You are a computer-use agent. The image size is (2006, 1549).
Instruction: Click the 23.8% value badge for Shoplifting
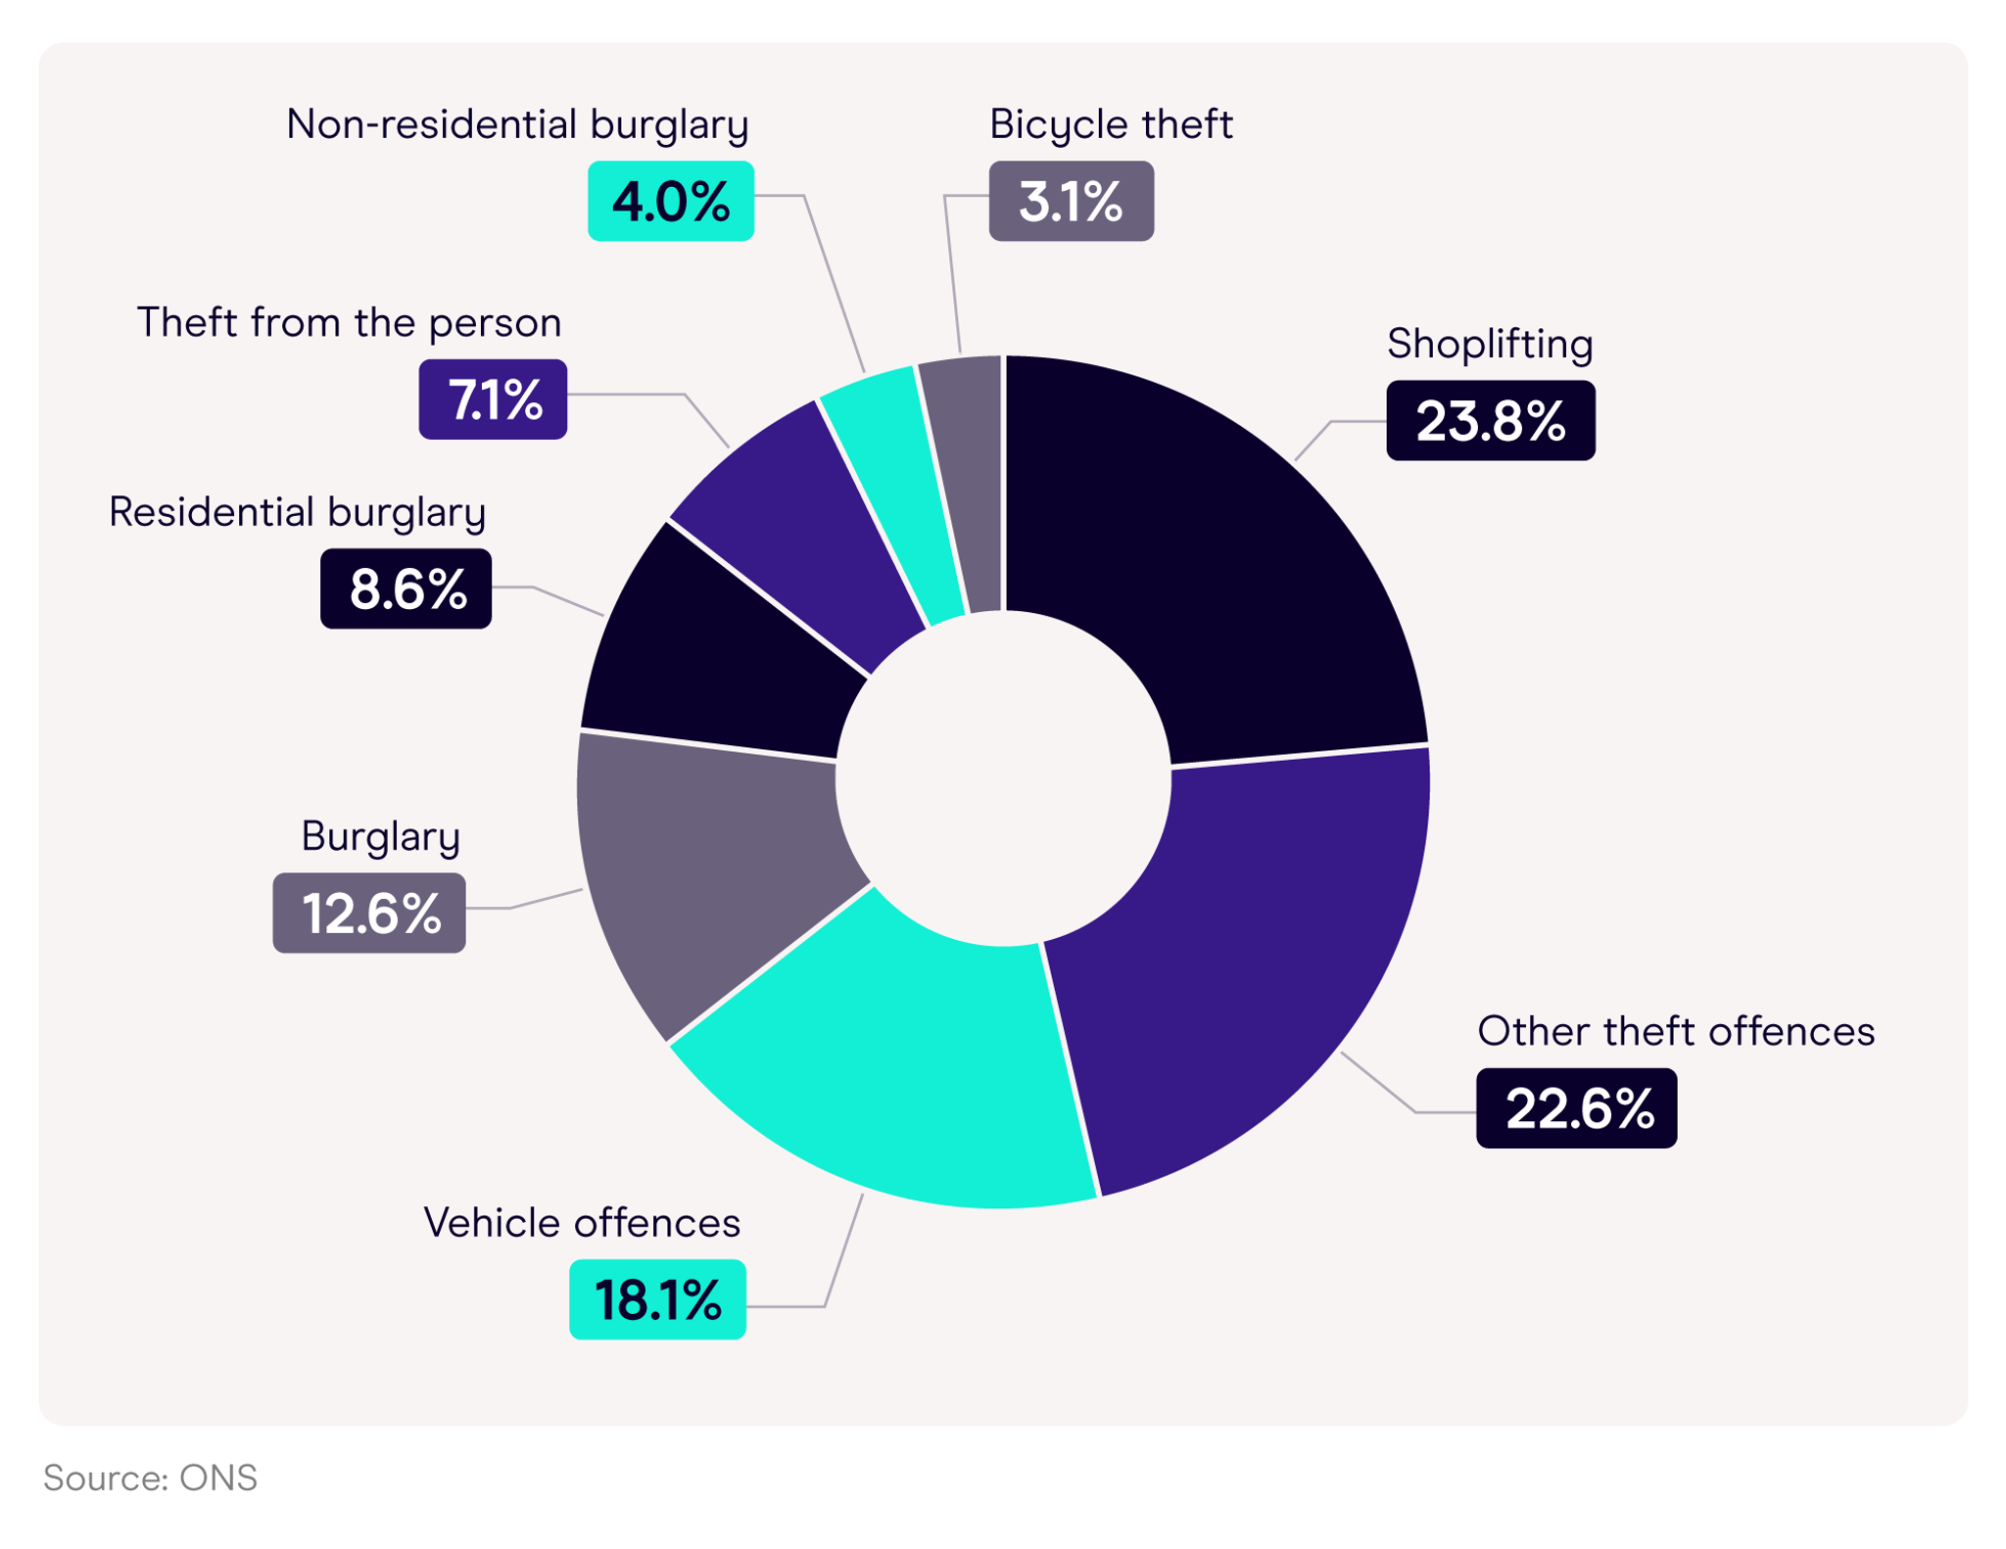tap(1490, 421)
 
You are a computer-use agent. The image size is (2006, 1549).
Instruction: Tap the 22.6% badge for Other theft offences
tap(1576, 1108)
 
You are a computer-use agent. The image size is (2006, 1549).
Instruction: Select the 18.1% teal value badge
tap(657, 1299)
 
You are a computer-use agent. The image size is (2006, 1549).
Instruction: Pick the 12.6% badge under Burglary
tap(369, 913)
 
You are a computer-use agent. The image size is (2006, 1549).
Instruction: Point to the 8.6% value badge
tap(406, 588)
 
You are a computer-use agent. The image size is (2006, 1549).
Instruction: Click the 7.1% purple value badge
tap(493, 399)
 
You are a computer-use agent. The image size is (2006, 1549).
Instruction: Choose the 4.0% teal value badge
tap(670, 201)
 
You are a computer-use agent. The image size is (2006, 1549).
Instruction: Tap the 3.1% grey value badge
tap(1071, 201)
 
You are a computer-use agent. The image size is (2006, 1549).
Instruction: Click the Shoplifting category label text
tap(1489, 344)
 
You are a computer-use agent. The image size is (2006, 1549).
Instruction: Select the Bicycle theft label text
tap(1110, 124)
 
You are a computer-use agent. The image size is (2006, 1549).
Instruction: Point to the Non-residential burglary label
tap(517, 124)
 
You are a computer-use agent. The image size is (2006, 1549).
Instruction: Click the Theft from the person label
tap(349, 322)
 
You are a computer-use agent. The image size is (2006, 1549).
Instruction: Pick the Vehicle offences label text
tap(582, 1223)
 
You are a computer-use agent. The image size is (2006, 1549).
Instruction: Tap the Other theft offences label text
tap(1675, 1031)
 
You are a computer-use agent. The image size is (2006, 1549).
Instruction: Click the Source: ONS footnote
tap(150, 1478)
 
